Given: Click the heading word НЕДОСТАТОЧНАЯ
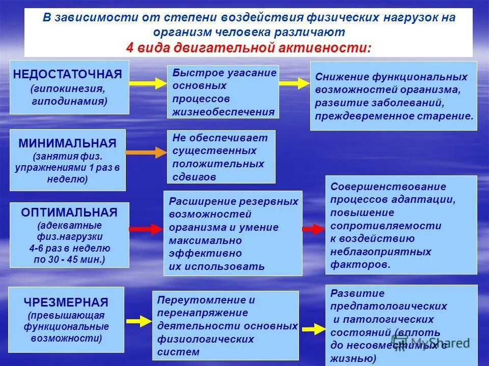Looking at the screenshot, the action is click(x=68, y=74).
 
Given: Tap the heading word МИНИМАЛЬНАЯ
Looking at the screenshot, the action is click(x=67, y=143).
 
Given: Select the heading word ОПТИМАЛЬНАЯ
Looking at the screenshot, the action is click(x=69, y=212).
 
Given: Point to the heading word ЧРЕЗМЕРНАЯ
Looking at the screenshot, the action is click(x=66, y=302).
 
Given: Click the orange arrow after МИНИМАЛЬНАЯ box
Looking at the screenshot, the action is click(x=146, y=152).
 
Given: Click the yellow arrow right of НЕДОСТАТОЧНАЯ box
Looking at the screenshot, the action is click(x=147, y=82).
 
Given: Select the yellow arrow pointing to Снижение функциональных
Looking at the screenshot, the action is click(x=294, y=83).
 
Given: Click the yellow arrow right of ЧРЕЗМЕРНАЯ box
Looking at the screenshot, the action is click(x=138, y=321).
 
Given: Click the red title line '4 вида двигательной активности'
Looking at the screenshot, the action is click(x=249, y=48).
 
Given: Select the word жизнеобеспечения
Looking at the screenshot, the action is click(x=223, y=112).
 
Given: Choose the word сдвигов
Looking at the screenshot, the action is click(x=194, y=177).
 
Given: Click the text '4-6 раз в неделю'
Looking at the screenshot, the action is click(x=70, y=249).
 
